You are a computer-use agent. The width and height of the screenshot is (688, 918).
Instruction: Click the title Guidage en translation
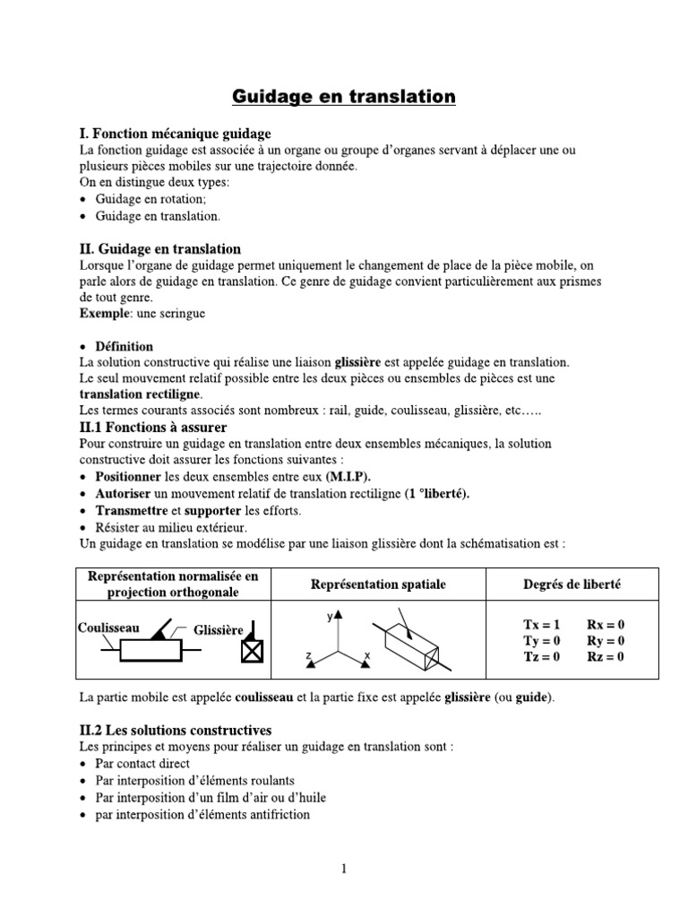(344, 96)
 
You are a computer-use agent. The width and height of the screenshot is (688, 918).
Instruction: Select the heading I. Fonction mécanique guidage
(175, 134)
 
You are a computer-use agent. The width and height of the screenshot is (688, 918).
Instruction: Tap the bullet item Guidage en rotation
(150, 199)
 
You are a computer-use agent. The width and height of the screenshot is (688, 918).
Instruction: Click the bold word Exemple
(103, 314)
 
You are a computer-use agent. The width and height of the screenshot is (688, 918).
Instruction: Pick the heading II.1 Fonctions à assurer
(152, 428)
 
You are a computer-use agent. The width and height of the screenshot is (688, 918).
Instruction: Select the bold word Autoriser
(124, 494)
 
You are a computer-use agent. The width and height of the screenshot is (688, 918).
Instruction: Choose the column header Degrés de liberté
(572, 585)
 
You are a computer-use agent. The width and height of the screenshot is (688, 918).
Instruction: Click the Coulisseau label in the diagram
(108, 628)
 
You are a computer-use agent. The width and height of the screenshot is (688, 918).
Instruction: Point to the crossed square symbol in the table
(253, 654)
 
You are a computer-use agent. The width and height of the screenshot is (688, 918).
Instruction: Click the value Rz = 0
(606, 656)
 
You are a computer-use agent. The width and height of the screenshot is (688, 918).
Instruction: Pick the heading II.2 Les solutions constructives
(176, 731)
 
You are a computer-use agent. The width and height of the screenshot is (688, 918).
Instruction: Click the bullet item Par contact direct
(142, 764)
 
